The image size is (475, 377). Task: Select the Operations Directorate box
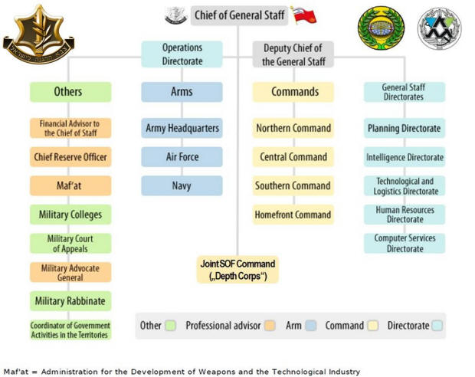[182, 54]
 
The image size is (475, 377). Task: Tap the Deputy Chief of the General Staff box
[293, 54]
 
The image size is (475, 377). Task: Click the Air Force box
[182, 157]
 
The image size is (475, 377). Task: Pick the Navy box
[182, 185]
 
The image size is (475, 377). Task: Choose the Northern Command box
[293, 128]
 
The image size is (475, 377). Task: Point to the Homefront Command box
[293, 215]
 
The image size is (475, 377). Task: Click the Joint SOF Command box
[237, 270]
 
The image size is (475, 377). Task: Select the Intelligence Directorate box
[405, 157]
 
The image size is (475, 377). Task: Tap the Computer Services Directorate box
[405, 244]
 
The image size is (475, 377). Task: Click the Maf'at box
[70, 185]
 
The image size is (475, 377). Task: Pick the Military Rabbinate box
[70, 300]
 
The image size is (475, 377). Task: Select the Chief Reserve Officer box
[70, 157]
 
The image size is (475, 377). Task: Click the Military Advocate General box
[70, 272]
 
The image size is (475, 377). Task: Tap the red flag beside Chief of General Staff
[303, 15]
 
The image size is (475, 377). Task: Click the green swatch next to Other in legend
[170, 326]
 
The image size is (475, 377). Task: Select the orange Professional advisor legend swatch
[270, 326]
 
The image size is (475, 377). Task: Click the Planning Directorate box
[405, 128]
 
